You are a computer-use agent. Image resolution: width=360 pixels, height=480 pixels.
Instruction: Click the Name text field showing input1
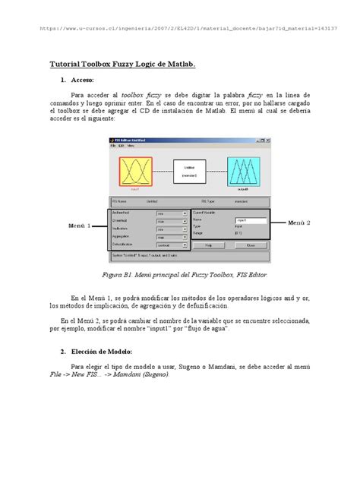click(x=251, y=220)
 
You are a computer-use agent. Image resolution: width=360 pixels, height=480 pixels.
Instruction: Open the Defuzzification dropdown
click(x=172, y=245)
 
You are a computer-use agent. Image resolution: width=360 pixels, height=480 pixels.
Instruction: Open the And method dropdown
click(x=172, y=214)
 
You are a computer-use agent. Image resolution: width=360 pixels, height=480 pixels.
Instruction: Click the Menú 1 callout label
click(x=79, y=226)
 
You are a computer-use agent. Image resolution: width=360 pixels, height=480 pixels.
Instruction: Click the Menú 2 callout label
click(x=299, y=223)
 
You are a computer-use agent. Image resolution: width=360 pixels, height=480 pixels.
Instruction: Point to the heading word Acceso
click(x=81, y=80)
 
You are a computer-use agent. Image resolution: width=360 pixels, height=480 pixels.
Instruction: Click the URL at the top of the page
click(x=191, y=36)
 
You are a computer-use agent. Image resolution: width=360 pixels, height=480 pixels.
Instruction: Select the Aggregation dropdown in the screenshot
click(x=172, y=238)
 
